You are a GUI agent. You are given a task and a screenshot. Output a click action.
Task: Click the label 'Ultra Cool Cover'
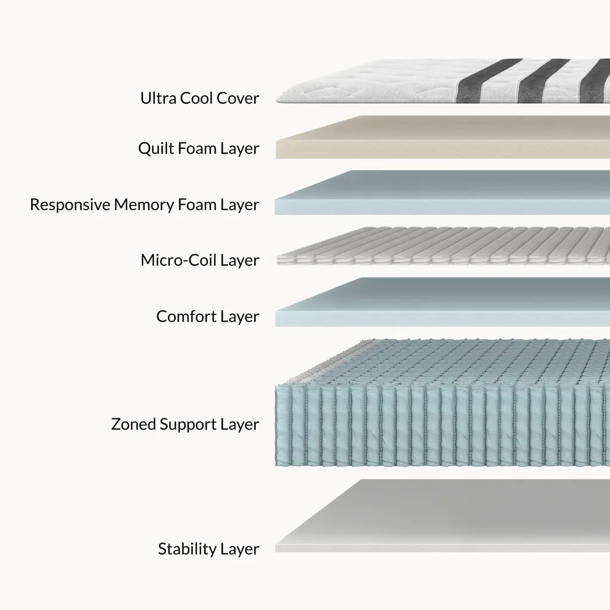click(200, 98)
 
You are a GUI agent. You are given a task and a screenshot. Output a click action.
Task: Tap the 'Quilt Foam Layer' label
click(198, 148)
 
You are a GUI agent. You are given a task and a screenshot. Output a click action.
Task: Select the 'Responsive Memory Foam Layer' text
click(144, 204)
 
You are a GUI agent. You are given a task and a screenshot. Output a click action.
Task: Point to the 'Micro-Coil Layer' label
click(200, 260)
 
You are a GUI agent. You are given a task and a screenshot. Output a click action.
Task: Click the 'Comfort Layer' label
click(207, 316)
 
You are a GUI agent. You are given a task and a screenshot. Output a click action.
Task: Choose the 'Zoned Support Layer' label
click(185, 424)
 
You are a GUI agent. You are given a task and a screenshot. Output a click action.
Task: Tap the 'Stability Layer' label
click(208, 549)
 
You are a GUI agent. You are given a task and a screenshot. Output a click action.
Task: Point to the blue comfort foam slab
click(441, 303)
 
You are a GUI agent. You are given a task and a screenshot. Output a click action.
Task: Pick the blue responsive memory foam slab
click(441, 192)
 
